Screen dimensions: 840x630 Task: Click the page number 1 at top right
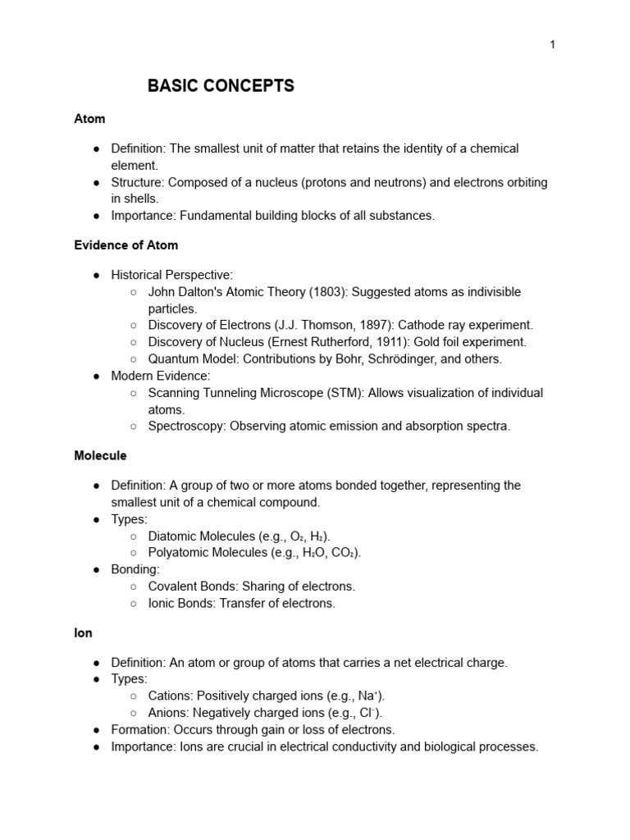(552, 44)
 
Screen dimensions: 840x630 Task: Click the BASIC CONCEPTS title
(221, 86)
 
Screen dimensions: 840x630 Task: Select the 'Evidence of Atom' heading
(126, 245)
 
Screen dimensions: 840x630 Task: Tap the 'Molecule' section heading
(100, 455)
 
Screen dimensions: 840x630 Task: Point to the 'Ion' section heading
(83, 633)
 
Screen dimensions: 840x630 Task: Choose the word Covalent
(175, 587)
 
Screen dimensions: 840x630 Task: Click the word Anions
(167, 713)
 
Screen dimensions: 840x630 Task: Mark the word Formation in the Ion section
(139, 729)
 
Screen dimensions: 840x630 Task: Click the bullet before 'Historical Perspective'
(97, 276)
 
